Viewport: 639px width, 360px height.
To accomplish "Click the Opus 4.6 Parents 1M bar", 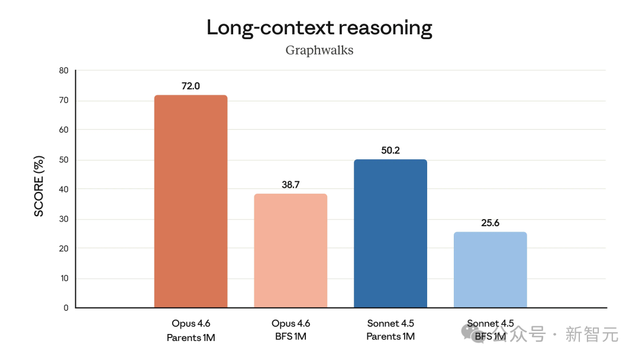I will [x=191, y=201].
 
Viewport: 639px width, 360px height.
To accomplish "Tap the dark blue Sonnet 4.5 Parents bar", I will [x=390, y=233].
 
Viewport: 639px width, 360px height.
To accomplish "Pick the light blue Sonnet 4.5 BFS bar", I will [x=490, y=269].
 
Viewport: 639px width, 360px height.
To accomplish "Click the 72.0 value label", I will [x=191, y=86].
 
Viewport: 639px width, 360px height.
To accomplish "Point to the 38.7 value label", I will [x=291, y=185].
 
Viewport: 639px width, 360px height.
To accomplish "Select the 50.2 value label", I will [x=390, y=150].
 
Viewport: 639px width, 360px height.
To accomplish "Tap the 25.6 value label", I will [x=490, y=223].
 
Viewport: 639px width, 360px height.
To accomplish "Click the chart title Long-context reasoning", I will [x=319, y=28].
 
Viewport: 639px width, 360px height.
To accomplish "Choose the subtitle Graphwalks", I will [x=319, y=50].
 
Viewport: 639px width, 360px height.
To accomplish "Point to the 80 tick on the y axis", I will [x=63, y=70].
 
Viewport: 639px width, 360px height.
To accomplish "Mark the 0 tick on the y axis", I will [x=66, y=308].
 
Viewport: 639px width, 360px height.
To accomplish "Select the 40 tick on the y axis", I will [x=63, y=189].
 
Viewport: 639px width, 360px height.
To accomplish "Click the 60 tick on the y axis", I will [x=63, y=130].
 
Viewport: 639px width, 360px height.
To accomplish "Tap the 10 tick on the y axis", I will [x=63, y=278].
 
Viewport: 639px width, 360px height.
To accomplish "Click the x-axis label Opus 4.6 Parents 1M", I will [x=191, y=330].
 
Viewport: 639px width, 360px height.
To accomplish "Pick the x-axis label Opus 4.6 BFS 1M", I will [x=291, y=330].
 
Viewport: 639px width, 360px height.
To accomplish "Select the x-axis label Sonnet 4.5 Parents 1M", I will [x=390, y=330].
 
